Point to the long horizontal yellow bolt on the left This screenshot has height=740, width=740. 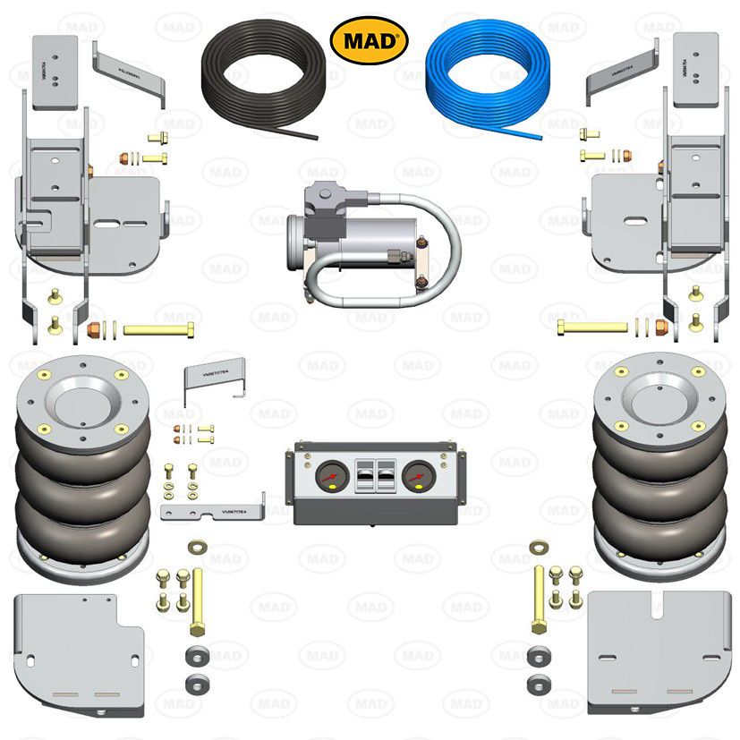(x=158, y=329)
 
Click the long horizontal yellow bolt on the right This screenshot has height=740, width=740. (x=591, y=327)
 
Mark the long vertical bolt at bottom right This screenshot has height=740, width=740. (x=539, y=597)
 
